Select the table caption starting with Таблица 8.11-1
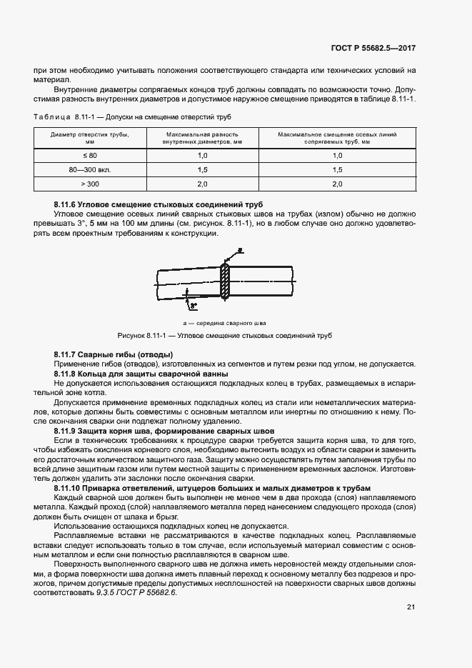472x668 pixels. [x=133, y=116]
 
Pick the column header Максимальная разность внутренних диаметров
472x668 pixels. [x=202, y=138]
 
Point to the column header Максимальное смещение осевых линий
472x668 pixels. [x=337, y=138]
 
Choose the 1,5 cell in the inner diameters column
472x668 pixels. [x=202, y=170]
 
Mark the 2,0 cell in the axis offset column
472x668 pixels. [x=337, y=184]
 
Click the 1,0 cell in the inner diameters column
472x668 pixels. [x=202, y=156]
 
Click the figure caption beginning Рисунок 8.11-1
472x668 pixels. [x=225, y=336]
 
